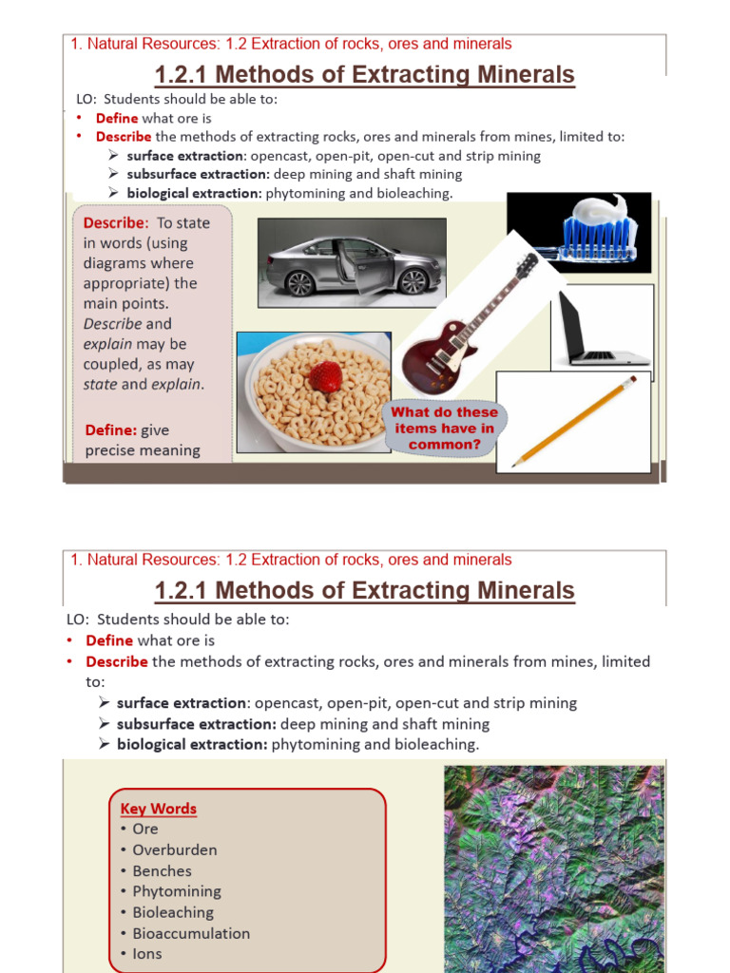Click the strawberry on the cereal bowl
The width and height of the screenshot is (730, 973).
click(326, 376)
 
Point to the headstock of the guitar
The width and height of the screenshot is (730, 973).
click(526, 265)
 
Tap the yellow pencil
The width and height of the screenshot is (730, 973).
click(574, 421)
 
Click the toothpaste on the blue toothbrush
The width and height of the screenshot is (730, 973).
click(600, 216)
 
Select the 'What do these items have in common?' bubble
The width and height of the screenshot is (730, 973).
click(445, 429)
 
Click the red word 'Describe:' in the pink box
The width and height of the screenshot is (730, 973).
click(116, 222)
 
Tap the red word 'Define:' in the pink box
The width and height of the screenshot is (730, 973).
click(111, 429)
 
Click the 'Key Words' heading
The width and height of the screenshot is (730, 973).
click(159, 809)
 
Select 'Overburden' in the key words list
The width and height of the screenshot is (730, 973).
click(174, 849)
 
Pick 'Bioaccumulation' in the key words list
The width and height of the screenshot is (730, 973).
click(191, 933)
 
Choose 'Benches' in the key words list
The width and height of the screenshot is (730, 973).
click(162, 870)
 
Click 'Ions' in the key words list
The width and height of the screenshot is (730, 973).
click(147, 954)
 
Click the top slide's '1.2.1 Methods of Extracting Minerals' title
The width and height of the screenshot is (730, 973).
click(365, 74)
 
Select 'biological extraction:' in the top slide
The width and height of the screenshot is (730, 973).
click(195, 193)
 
